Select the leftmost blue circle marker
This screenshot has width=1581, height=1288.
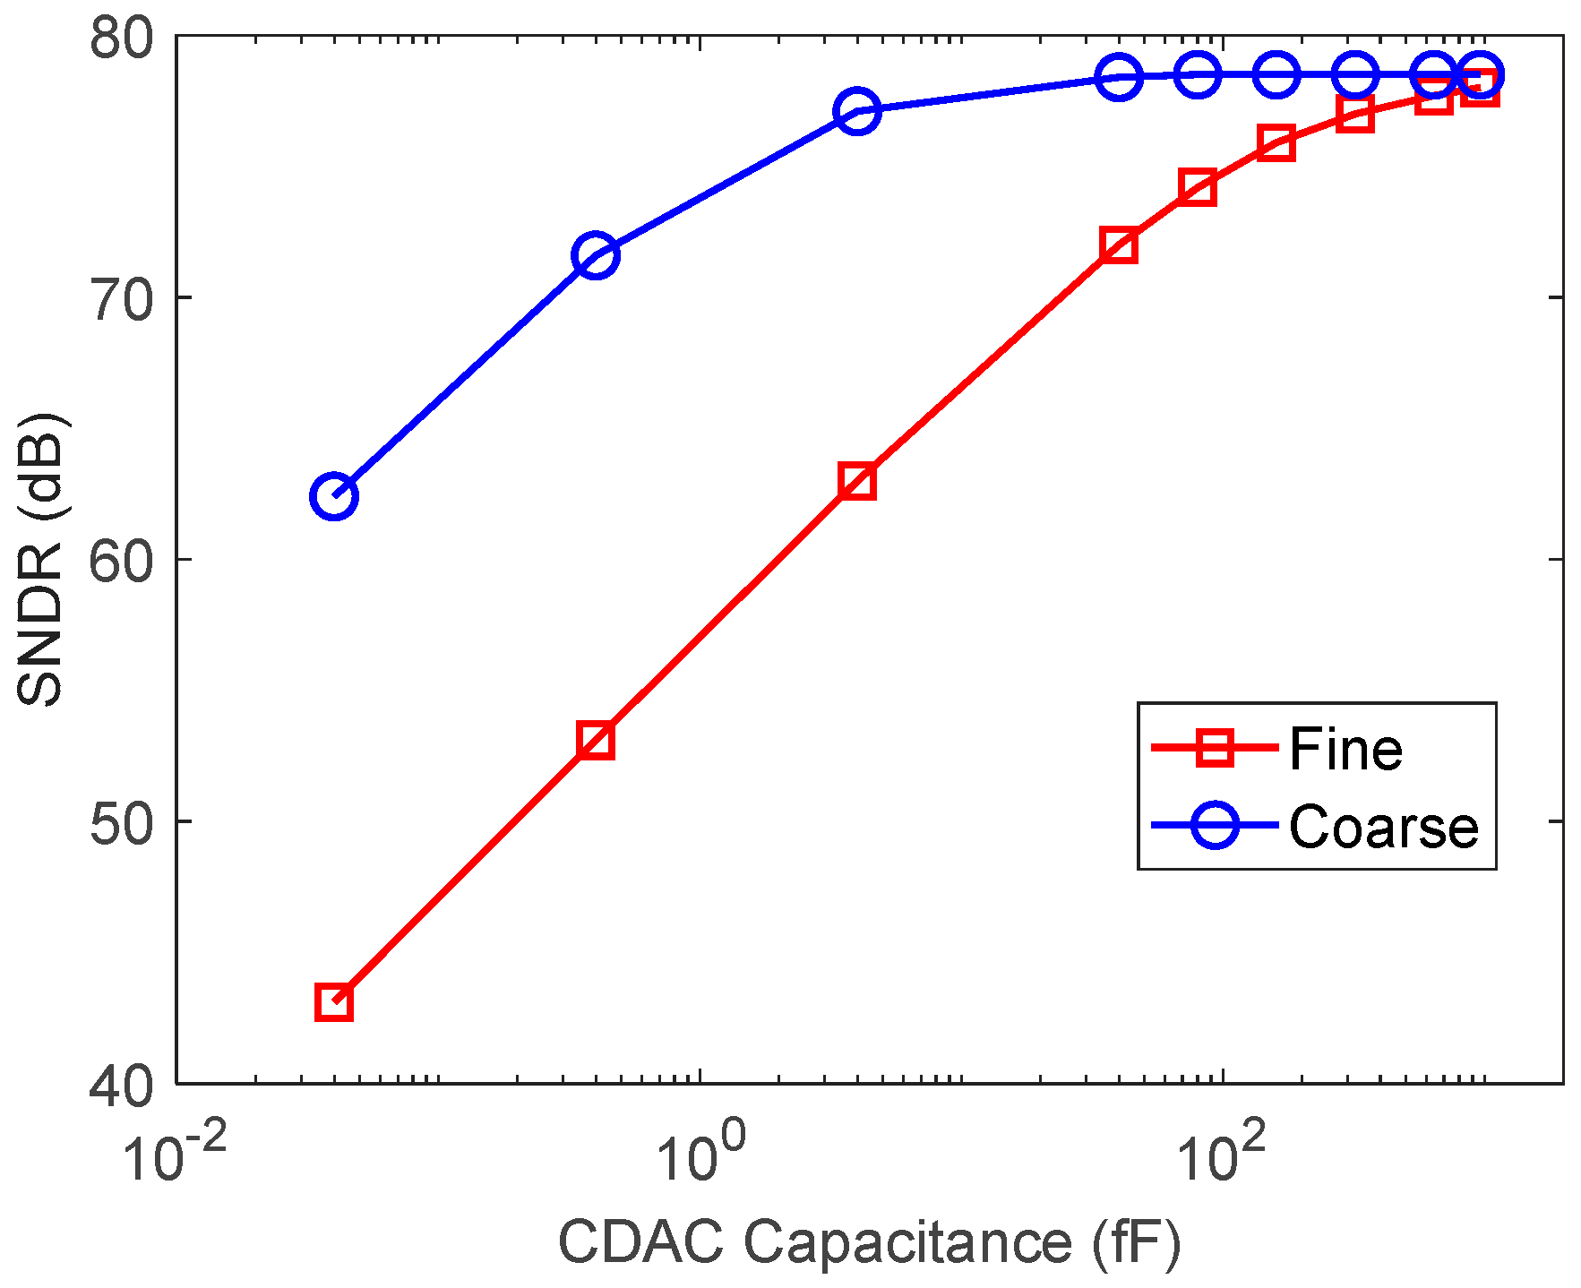pos(334,496)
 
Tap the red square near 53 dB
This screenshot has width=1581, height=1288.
pos(596,741)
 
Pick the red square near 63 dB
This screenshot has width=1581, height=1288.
pos(857,482)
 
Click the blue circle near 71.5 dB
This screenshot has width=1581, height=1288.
pos(596,256)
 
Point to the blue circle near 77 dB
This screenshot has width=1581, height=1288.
pos(857,111)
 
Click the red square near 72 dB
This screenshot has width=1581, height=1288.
pos(1119,245)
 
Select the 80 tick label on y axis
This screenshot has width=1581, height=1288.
pos(123,39)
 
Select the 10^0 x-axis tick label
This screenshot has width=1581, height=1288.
pos(699,1155)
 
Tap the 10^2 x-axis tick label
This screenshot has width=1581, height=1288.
pos(1222,1155)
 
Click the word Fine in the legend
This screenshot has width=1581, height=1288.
pos(1345,749)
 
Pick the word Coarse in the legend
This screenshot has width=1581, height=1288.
pos(1383,827)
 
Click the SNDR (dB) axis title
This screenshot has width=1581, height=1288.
pos(41,560)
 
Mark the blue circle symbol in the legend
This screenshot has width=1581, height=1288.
pos(1215,825)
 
